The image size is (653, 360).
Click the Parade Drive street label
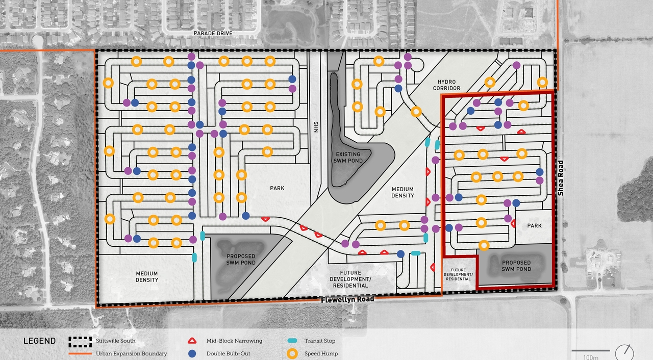click(x=213, y=33)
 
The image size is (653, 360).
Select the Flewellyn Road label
click(x=347, y=299)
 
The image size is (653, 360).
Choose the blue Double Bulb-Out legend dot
click(x=192, y=353)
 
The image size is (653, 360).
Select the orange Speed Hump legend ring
click(x=292, y=353)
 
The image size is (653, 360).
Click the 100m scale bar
click(x=590, y=351)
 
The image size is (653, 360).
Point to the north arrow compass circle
click(x=624, y=352)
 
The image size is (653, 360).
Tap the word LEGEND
click(x=39, y=341)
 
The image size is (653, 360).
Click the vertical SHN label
click(x=316, y=126)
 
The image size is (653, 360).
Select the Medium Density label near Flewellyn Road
click(x=147, y=277)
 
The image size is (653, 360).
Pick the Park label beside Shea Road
click(x=534, y=226)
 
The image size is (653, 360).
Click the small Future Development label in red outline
click(x=458, y=274)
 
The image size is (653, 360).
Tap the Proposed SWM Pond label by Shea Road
click(x=516, y=266)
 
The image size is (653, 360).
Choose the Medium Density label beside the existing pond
click(x=403, y=192)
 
